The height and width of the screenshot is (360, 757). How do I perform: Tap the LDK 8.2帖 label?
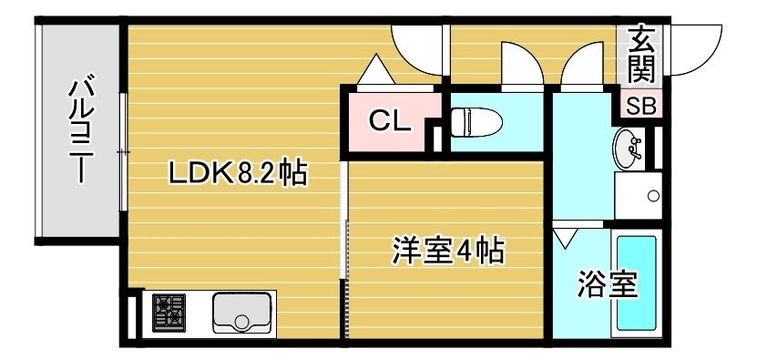[238, 174]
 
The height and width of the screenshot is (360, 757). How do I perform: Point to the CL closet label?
[390, 121]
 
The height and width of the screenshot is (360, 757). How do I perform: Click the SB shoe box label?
[641, 107]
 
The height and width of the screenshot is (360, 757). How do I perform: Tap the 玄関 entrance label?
[642, 55]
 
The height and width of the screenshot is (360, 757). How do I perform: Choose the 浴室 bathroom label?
[608, 284]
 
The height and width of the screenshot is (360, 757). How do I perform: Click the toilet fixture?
[476, 122]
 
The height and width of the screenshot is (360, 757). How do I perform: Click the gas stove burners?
[169, 313]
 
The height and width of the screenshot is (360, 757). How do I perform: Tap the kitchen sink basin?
[241, 313]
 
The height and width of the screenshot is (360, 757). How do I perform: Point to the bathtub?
[636, 283]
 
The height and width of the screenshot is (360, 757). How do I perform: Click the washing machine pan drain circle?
[653, 196]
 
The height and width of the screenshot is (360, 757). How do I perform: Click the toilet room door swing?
[522, 66]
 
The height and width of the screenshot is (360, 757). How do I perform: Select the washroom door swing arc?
[582, 66]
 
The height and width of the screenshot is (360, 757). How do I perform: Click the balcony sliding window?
[123, 151]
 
